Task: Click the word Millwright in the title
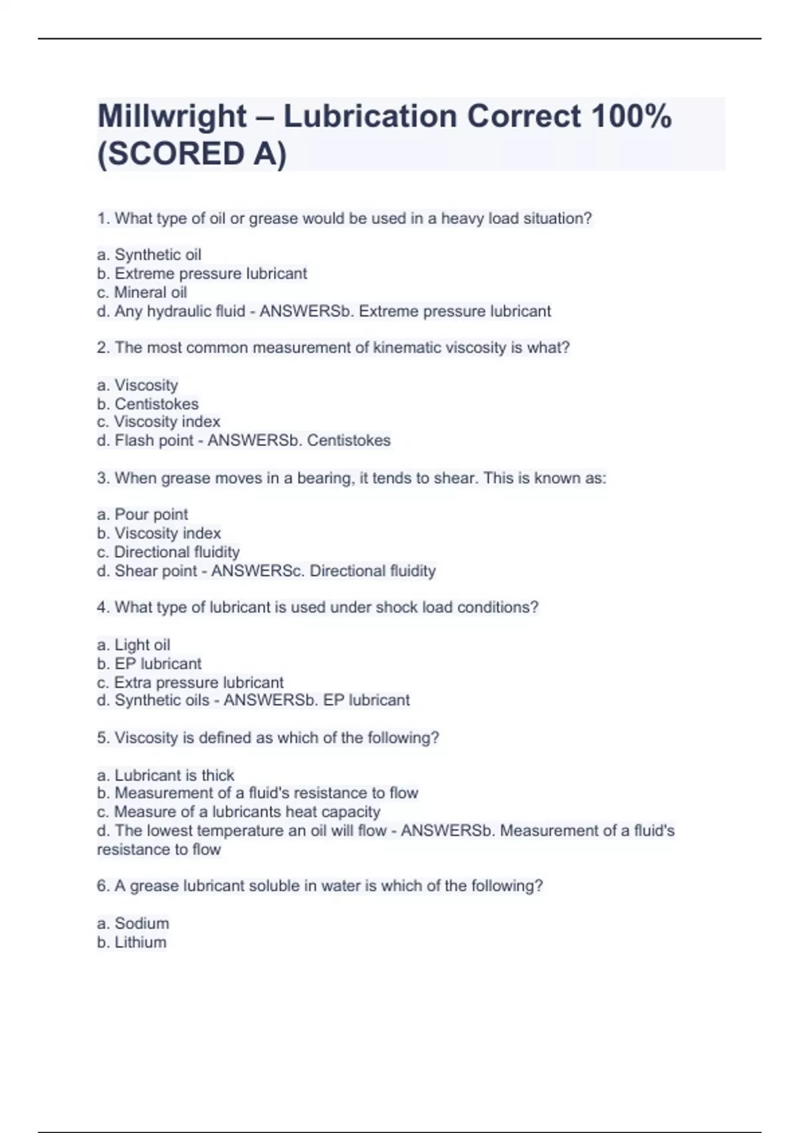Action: [x=172, y=117]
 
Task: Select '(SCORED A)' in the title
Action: [x=192, y=155]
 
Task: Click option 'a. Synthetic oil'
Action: [x=149, y=255]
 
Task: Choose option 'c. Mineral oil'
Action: [x=141, y=293]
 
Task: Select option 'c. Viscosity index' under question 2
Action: [x=158, y=422]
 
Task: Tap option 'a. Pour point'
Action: [x=142, y=515]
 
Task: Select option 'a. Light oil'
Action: [x=133, y=645]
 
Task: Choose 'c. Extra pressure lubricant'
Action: [x=190, y=682]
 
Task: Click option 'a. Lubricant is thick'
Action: [x=165, y=775]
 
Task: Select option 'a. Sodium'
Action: [x=133, y=924]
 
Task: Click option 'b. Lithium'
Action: [x=131, y=942]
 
